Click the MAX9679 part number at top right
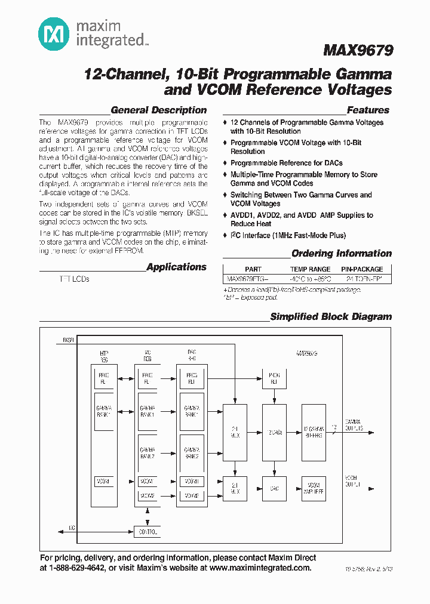pyautogui.click(x=358, y=51)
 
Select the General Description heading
pyautogui.click(x=159, y=110)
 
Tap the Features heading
pyautogui.click(x=368, y=110)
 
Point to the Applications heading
pyautogui.click(x=176, y=267)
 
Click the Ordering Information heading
pyautogui.click(x=341, y=254)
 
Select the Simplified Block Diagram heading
pyautogui.click(x=331, y=317)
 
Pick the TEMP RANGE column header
pyautogui.click(x=310, y=269)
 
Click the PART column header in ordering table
pyautogui.click(x=253, y=269)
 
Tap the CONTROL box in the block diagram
pyautogui.click(x=148, y=531)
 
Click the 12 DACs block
pyautogui.click(x=275, y=432)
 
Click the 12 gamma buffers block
pyautogui.click(x=314, y=432)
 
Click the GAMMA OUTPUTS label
pyautogui.click(x=353, y=425)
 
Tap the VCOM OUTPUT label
pyautogui.click(x=352, y=481)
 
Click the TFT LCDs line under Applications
pyautogui.click(x=74, y=279)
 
